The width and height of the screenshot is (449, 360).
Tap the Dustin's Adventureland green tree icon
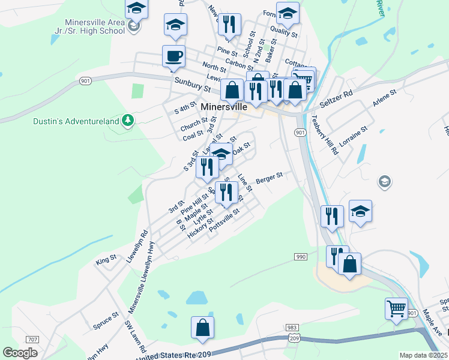[x=127, y=121]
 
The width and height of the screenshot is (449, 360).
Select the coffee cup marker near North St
[x=173, y=56]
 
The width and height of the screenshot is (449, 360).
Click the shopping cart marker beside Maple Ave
[x=396, y=310]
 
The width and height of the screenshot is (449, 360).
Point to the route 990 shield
[x=301, y=257]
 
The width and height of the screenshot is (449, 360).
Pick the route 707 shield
[x=32, y=340]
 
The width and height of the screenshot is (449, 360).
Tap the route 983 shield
[x=292, y=328]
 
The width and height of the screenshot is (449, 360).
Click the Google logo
[x=20, y=352]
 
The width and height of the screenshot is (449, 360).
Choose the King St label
[x=106, y=261]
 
